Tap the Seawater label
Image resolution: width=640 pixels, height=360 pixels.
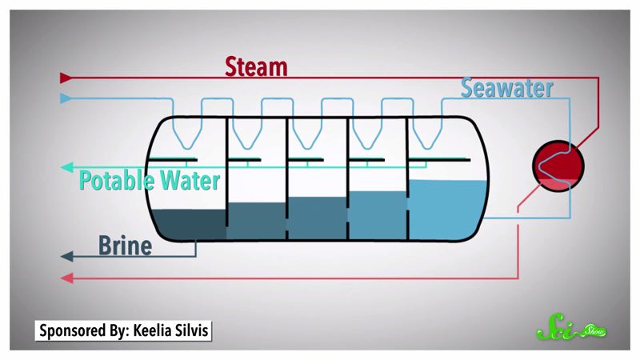click(506, 88)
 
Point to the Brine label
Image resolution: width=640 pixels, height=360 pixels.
click(125, 246)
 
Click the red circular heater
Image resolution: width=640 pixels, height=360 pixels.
click(558, 165)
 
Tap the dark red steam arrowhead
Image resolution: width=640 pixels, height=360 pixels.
click(66, 78)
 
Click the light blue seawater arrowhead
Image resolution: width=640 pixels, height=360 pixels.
click(66, 98)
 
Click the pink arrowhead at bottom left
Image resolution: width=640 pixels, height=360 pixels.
click(66, 278)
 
